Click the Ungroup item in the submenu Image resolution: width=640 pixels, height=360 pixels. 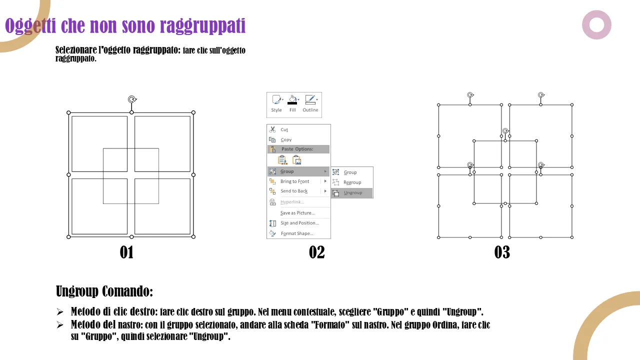[x=352, y=193]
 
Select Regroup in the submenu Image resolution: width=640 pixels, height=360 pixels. [x=352, y=182]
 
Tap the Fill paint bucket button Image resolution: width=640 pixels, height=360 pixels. [x=292, y=103]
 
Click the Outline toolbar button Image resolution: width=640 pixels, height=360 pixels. [x=310, y=103]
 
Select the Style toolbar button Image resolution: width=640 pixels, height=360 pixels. [x=276, y=103]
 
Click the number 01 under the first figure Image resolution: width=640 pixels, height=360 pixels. [x=126, y=252]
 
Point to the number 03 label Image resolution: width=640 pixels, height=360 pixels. [x=502, y=252]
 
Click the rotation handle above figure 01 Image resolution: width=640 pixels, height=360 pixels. [x=132, y=99]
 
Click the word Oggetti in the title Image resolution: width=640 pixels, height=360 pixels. [x=30, y=25]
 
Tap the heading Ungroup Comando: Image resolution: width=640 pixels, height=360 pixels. [x=104, y=291]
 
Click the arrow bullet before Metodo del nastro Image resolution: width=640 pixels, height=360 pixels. [x=60, y=325]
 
